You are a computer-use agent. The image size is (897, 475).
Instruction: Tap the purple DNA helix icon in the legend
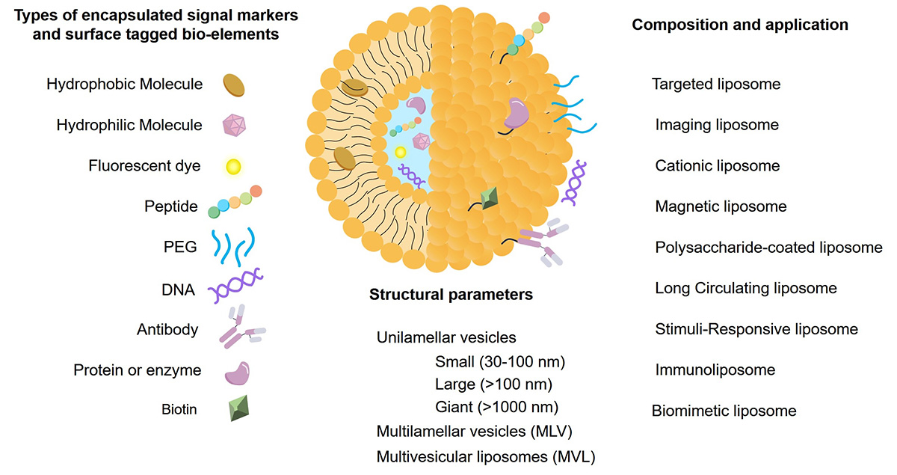tap(238, 288)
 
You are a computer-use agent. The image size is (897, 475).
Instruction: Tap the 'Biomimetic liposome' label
tap(724, 411)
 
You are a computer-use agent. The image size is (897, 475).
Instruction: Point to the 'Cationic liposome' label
tap(717, 166)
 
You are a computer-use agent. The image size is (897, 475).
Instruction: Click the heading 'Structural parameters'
tap(451, 295)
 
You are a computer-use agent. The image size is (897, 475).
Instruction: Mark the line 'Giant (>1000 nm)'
tap(496, 408)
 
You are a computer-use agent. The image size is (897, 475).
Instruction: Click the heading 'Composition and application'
tap(740, 25)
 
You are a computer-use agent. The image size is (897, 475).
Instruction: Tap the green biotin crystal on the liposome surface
tap(489, 197)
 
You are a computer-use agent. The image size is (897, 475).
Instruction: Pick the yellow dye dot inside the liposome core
tap(401, 152)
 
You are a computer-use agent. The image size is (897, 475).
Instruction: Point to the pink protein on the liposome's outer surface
tap(515, 112)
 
